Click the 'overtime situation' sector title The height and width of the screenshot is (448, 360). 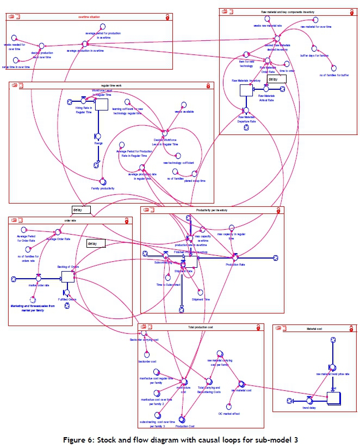88,17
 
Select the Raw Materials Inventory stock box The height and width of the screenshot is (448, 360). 246,89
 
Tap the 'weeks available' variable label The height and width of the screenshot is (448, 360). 184,112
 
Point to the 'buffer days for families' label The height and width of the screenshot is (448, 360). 314,56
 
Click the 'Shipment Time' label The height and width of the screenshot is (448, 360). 201,299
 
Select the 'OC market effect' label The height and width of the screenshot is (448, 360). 229,414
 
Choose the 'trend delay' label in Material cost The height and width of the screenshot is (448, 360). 309,408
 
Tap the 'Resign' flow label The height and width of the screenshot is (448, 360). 98,143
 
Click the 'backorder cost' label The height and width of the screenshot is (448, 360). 147,361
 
